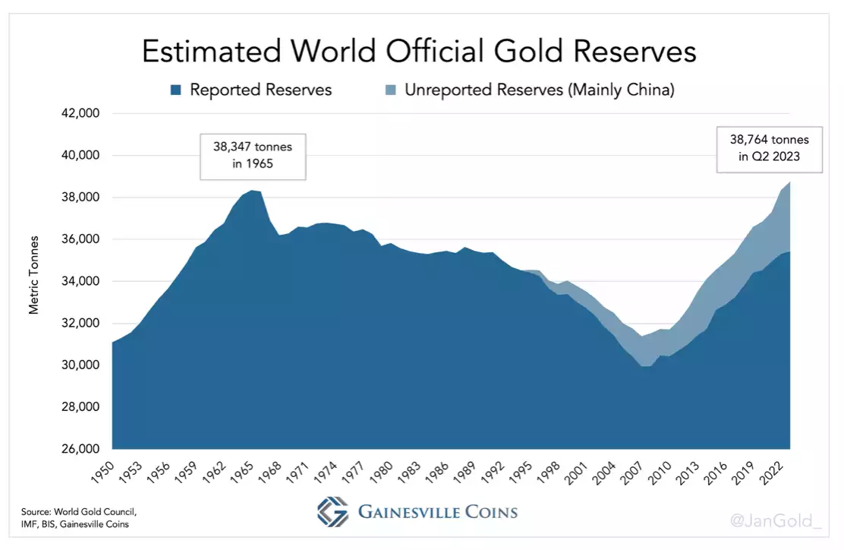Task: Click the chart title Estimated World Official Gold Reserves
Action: (419, 52)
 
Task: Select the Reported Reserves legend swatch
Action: (176, 90)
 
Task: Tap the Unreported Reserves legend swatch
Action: (391, 90)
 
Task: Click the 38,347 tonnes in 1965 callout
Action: (253, 157)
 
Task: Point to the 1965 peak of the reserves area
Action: (250, 191)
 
